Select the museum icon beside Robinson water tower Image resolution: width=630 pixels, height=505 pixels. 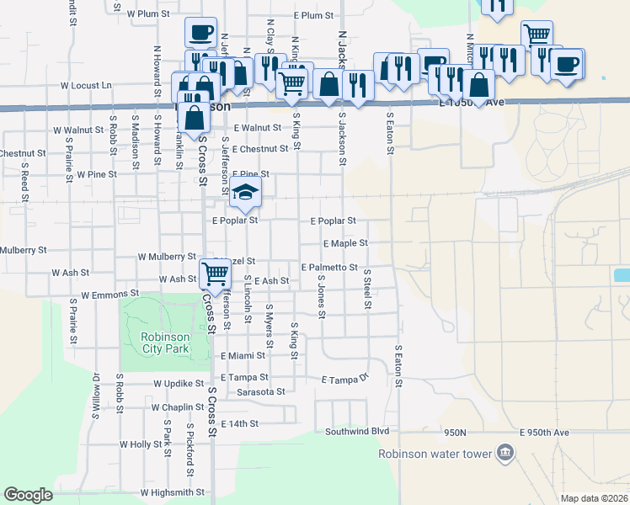505,453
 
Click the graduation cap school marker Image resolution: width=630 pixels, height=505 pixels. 245,194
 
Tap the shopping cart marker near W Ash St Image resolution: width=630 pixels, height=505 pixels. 215,273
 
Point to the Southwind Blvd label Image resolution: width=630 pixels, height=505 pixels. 357,431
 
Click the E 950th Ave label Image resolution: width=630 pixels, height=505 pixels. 544,433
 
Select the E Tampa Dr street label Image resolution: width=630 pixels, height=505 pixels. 345,380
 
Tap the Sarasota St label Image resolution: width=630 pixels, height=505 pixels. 261,392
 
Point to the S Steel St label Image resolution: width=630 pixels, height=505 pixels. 367,289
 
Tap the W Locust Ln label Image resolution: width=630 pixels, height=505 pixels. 86,85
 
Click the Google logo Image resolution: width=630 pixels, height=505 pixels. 29,495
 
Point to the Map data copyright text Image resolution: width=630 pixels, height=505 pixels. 595,498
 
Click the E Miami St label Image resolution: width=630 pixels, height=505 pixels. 243,356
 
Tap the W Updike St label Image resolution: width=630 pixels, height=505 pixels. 174,384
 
